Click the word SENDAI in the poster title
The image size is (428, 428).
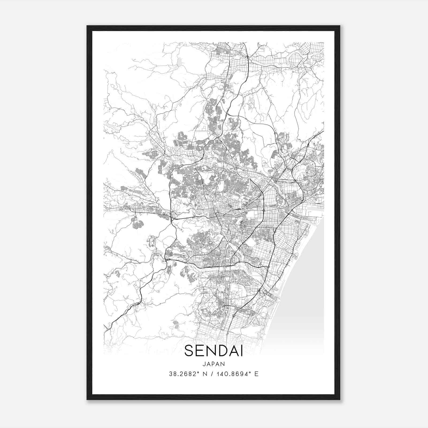click(213, 351)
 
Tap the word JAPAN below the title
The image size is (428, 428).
click(213, 364)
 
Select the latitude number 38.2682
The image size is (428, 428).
click(184, 374)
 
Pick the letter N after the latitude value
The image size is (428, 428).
click(205, 374)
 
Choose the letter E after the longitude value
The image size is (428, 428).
click(256, 374)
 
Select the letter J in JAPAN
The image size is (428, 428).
click(204, 364)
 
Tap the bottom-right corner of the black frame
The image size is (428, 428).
click(339, 399)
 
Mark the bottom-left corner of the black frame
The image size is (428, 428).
click(87, 399)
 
